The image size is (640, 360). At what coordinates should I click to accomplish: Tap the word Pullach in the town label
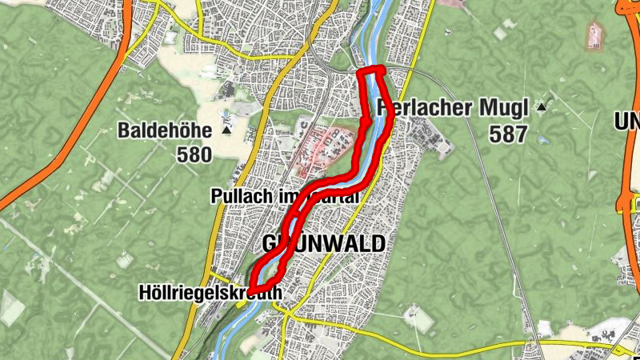[237, 195]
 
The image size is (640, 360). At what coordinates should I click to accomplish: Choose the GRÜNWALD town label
[324, 243]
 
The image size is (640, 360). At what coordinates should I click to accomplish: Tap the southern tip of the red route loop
[252, 290]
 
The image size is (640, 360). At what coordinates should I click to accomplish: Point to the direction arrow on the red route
[365, 123]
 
